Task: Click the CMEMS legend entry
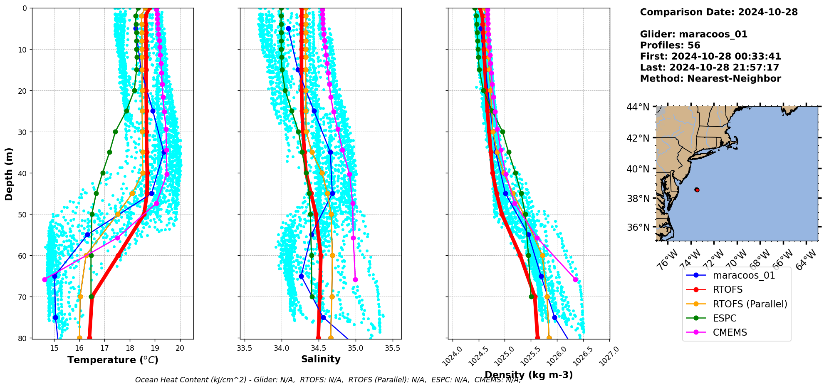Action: point(730,332)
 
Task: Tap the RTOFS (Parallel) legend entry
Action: point(750,304)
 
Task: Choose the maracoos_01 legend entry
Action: point(744,275)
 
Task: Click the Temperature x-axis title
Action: point(113,360)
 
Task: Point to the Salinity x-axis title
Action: point(321,359)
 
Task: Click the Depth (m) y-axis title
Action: point(9,174)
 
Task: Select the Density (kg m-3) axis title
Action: point(529,375)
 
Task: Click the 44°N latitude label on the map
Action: point(638,107)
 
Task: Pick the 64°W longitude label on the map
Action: point(806,261)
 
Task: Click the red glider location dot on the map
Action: point(697,190)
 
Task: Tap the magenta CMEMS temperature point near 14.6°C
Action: point(45,279)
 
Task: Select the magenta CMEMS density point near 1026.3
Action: point(575,279)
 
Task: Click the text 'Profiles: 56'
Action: point(670,45)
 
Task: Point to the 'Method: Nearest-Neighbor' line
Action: point(710,79)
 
